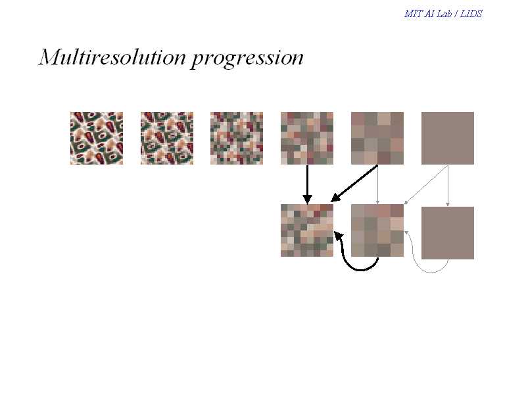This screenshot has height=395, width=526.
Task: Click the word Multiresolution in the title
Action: [x=112, y=57]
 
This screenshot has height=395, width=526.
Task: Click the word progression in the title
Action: [x=248, y=59]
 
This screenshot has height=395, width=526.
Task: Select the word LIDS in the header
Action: [x=471, y=13]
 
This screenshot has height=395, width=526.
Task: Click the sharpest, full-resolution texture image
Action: [x=97, y=138]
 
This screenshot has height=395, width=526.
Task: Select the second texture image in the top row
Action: [x=167, y=138]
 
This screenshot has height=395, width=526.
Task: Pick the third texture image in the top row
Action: [x=237, y=138]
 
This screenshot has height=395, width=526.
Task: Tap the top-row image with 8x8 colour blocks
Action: [x=307, y=138]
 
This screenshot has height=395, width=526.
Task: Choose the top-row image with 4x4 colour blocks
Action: [x=377, y=138]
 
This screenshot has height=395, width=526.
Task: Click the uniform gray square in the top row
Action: [x=448, y=138]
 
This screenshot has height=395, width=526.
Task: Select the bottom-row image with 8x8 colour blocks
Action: [x=307, y=230]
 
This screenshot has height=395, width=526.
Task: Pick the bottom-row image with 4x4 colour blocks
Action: [x=377, y=230]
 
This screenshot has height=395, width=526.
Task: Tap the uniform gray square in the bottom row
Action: [x=448, y=233]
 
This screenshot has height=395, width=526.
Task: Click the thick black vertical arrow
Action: [x=307, y=184]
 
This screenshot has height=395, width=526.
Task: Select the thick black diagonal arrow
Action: [x=354, y=184]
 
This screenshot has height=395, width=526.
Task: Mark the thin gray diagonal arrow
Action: [x=426, y=185]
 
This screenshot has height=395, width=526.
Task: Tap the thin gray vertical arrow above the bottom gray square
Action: [x=448, y=186]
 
